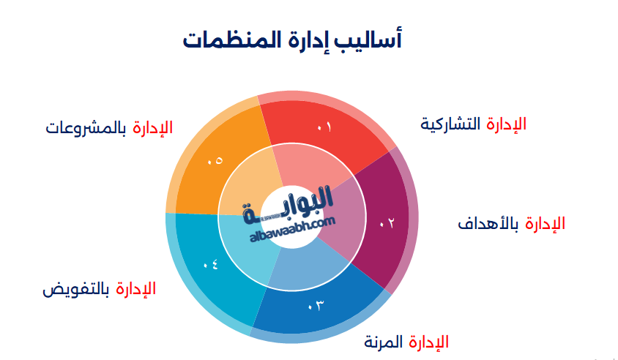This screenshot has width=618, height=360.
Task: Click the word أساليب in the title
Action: [x=372, y=38]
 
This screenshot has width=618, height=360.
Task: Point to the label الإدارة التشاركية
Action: [x=473, y=124]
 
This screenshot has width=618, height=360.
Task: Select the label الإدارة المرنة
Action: [x=406, y=342]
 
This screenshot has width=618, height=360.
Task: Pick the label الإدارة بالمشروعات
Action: [x=109, y=127]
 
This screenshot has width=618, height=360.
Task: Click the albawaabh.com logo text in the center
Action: [x=291, y=234]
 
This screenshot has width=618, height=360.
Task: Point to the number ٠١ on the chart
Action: [x=324, y=128]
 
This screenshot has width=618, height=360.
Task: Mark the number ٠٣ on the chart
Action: [x=316, y=304]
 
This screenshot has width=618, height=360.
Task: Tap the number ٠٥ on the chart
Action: [x=215, y=160]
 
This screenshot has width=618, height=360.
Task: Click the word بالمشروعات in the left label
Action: [x=85, y=127]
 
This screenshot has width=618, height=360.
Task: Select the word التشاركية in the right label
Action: [x=450, y=124]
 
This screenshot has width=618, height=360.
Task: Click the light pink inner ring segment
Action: [x=311, y=167]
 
